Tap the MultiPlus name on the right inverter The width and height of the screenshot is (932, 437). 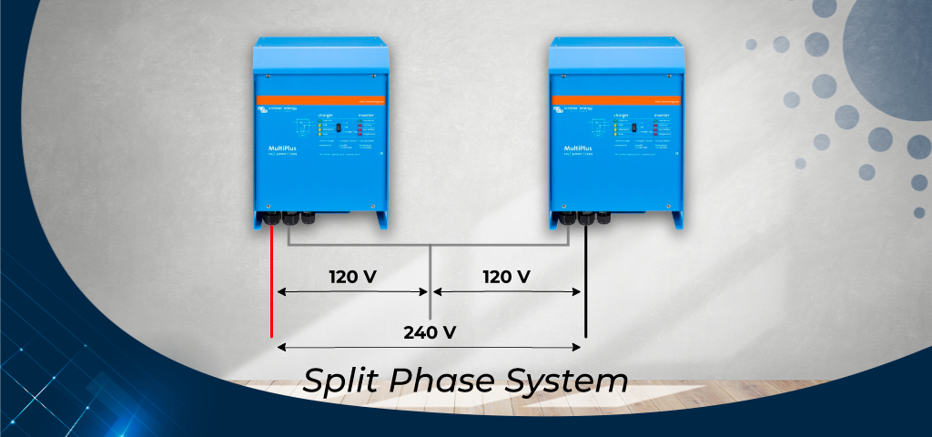575,147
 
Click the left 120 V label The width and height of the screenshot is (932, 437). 352,276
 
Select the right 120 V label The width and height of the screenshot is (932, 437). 505,276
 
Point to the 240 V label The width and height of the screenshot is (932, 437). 430,331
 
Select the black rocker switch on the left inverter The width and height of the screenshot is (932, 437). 338,128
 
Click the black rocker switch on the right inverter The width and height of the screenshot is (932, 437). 635,128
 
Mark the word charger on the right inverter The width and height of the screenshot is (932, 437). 623,115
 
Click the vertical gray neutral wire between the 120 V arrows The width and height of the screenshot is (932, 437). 430,282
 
